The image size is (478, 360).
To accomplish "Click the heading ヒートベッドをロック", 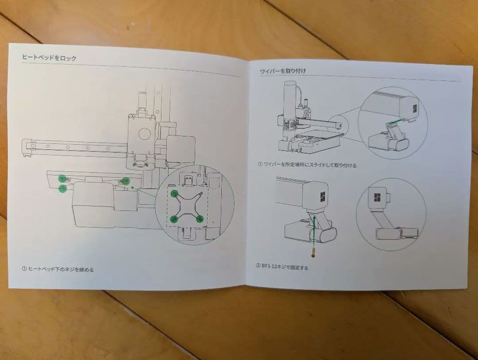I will (49, 58).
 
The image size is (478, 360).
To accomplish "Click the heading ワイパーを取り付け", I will (283, 71).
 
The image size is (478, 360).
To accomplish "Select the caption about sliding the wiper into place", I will (310, 165).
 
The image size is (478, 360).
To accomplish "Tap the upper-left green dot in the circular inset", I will (175, 193).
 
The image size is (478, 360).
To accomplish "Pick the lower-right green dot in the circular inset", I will (200, 219).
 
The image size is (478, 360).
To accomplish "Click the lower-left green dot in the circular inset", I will (175, 218).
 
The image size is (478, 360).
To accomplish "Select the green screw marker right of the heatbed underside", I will (126, 181).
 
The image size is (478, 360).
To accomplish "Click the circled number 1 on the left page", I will (24, 268).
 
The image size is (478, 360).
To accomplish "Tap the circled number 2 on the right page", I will (258, 267).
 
